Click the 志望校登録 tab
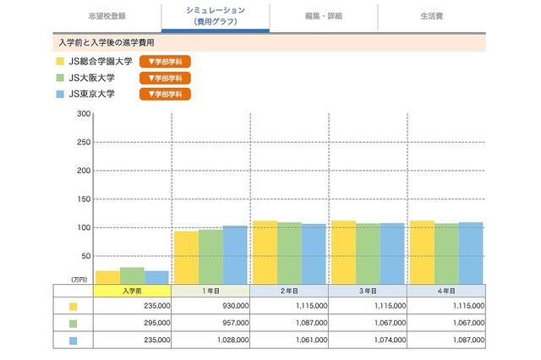[x=107, y=16]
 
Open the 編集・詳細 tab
[x=324, y=16]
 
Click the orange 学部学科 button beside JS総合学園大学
[x=165, y=61]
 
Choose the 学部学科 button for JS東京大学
[x=165, y=93]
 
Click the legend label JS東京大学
[x=91, y=93]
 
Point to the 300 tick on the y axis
[x=83, y=113]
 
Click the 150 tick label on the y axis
[x=83, y=199]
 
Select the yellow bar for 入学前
[x=107, y=277]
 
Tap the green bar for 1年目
[x=210, y=257]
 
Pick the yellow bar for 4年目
[x=422, y=252]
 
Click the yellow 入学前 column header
[x=132, y=291]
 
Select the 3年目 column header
[x=368, y=291]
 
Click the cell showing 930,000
[x=210, y=307]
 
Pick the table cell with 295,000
[x=132, y=323]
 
